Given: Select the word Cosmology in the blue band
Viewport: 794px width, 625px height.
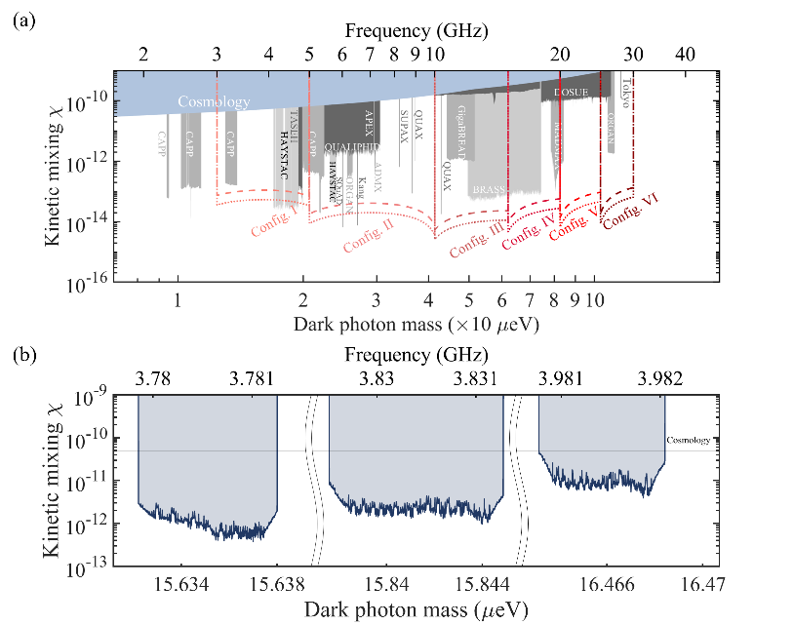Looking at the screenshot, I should click(214, 101).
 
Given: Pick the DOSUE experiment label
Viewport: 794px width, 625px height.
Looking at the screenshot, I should click(571, 92).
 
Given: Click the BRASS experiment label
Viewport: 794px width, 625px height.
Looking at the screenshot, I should click(490, 188).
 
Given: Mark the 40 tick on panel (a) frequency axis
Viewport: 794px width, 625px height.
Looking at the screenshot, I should click(686, 55).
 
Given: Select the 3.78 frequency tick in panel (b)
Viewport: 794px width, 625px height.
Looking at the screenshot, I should click(156, 378).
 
